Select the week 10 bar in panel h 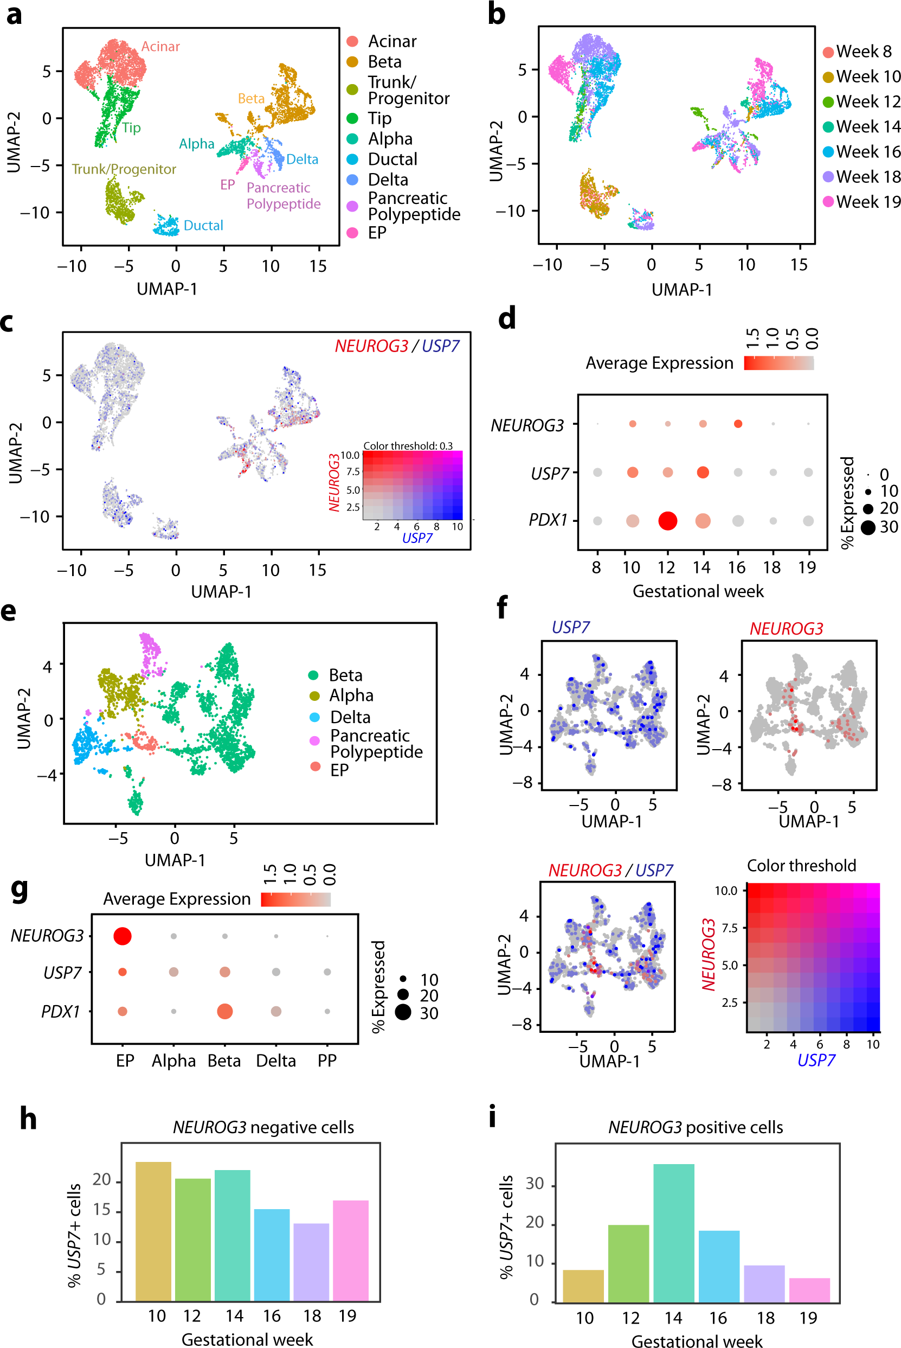pyautogui.click(x=153, y=1231)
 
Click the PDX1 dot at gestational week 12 pyautogui.click(x=667, y=521)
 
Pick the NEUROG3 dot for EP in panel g pyautogui.click(x=123, y=936)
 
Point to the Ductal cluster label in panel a pyautogui.click(x=203, y=225)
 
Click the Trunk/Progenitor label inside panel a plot pyautogui.click(x=124, y=169)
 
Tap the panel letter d pyautogui.click(x=507, y=318)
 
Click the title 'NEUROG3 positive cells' pyautogui.click(x=696, y=1127)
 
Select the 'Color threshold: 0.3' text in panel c pyautogui.click(x=408, y=445)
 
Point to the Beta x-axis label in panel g pyautogui.click(x=224, y=1060)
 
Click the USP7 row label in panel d pyautogui.click(x=549, y=474)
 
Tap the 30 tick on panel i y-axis pyautogui.click(x=535, y=1184)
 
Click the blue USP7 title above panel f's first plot pyautogui.click(x=571, y=627)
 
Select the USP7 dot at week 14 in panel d pyautogui.click(x=702, y=472)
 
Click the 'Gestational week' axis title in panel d pyautogui.click(x=698, y=591)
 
